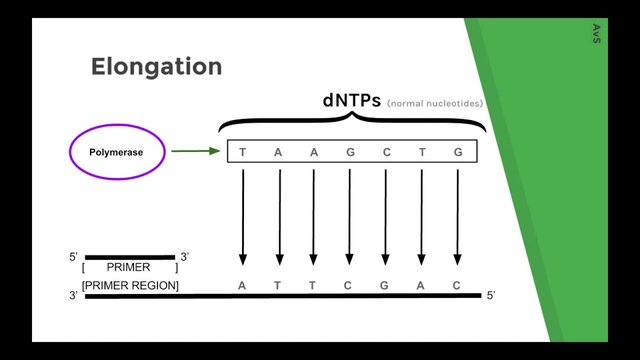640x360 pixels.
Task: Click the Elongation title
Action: point(156,67)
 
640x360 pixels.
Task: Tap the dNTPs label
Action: point(351,101)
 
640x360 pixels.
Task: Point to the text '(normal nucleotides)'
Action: point(435,104)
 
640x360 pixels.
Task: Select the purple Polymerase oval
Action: point(115,153)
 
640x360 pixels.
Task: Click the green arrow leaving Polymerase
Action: point(195,152)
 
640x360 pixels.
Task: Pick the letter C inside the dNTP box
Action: point(386,152)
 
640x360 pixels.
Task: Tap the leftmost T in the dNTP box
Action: point(243,152)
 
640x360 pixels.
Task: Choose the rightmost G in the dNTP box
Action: point(458,152)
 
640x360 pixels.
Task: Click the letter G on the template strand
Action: point(385,285)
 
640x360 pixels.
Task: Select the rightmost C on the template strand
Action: point(457,285)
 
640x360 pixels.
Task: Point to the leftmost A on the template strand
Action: point(242,285)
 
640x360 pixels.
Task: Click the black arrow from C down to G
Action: point(385,216)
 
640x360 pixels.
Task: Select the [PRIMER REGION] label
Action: point(130,286)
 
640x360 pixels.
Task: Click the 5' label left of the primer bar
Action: point(74,257)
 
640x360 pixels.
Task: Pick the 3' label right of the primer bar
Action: point(185,257)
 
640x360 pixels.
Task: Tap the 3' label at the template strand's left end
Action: point(73,296)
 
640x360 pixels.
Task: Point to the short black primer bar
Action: point(129,257)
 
